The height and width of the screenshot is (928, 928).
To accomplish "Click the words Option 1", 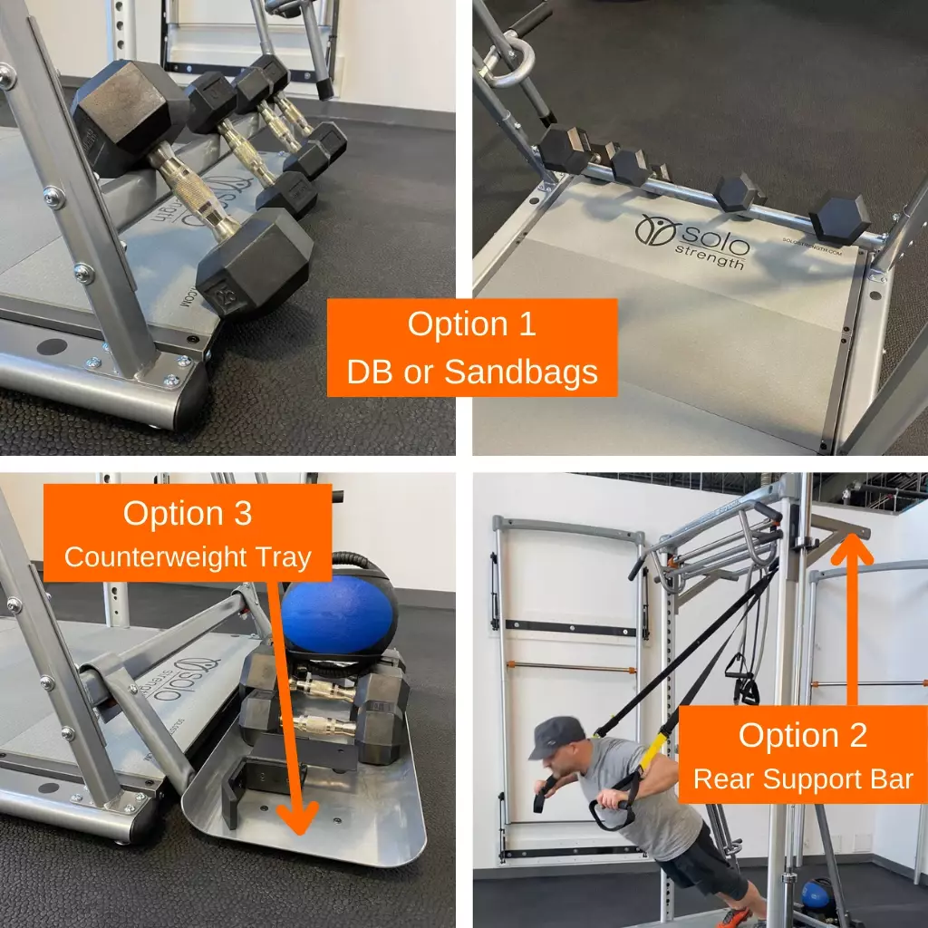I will (x=471, y=324).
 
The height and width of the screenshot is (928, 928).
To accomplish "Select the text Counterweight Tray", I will (x=187, y=556).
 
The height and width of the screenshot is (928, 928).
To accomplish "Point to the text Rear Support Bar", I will (x=803, y=778).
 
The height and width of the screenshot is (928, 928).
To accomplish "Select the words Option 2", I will (x=803, y=734).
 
